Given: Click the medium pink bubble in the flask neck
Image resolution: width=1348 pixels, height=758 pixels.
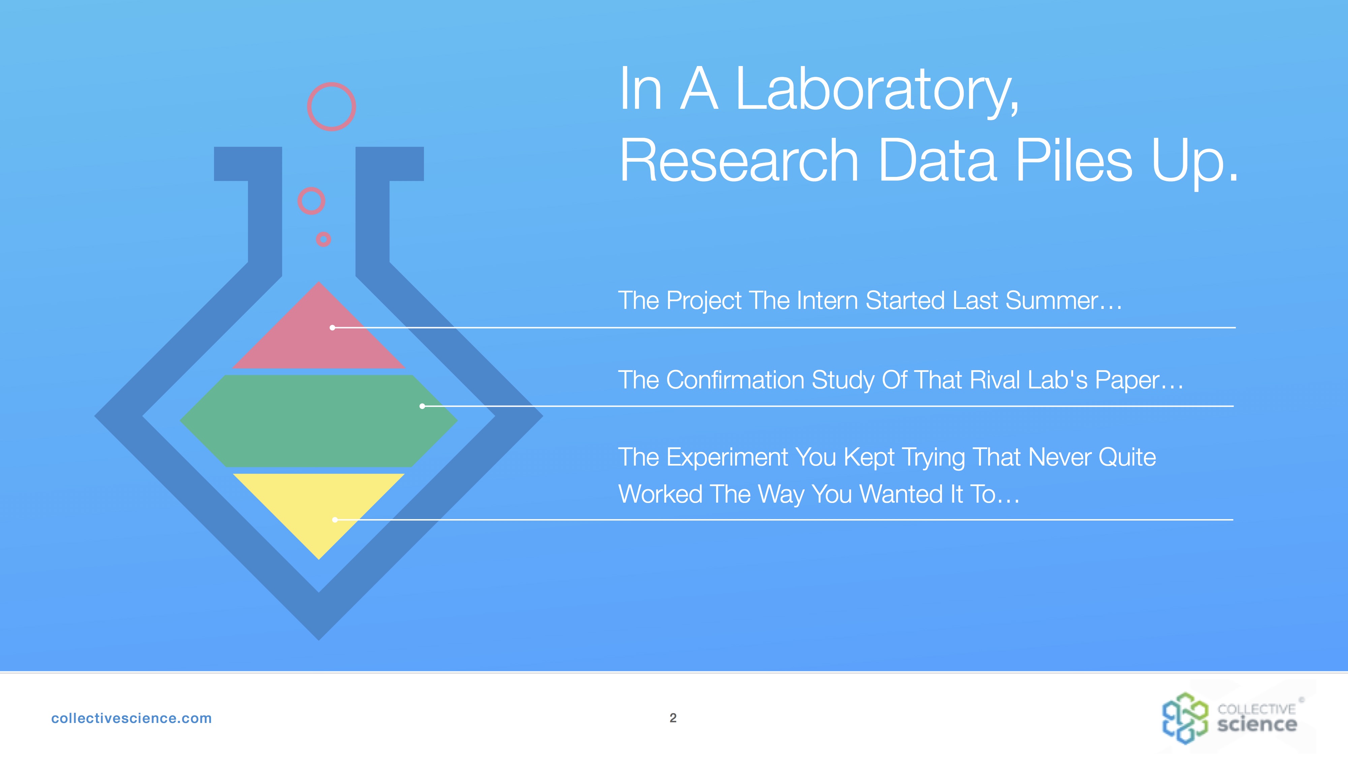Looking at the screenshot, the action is pos(311,201).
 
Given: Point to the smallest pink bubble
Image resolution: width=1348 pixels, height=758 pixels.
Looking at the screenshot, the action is pos(324,239).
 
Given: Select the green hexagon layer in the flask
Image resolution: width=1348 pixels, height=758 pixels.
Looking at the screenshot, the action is pos(319,420).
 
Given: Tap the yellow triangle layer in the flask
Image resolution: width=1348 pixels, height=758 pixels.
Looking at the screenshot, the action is pos(319,507).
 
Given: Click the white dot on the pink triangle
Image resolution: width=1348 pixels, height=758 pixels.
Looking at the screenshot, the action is pos(332,327).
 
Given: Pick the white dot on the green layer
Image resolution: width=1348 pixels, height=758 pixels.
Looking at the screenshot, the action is pos(422,406).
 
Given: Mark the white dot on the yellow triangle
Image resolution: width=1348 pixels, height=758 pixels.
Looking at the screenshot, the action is pos(335,519).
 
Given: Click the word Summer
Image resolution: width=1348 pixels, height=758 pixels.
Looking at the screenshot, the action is pos(1052,301).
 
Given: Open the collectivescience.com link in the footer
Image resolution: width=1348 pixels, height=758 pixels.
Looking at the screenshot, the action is pos(131,718).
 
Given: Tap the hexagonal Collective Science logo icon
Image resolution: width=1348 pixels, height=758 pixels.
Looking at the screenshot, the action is pos(1185,718).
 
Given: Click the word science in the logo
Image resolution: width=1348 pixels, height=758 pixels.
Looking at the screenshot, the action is pos(1257,725).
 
